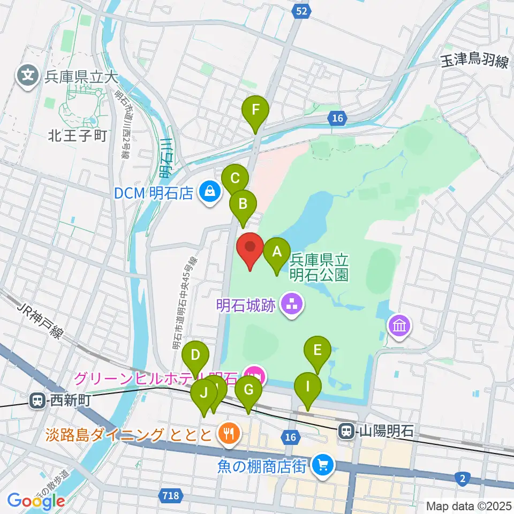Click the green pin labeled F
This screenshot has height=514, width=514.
point(255,111)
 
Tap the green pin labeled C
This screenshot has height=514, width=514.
point(235,178)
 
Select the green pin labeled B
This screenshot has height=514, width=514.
point(243,204)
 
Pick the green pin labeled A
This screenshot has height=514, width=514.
point(277,251)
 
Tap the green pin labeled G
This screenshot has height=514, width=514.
point(248,389)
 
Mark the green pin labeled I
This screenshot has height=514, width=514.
point(308,386)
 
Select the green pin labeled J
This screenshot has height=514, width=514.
point(204,392)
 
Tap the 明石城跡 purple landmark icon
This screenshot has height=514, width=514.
point(293,306)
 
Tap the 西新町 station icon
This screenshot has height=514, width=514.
point(37,399)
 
